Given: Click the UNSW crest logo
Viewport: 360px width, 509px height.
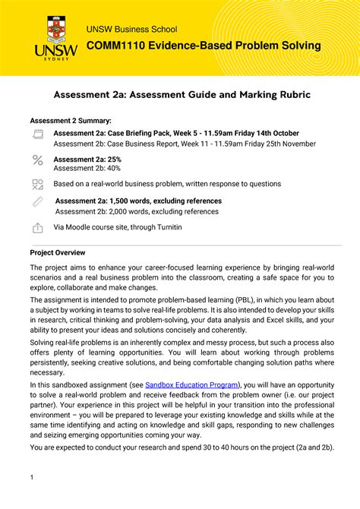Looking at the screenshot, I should (x=56, y=31).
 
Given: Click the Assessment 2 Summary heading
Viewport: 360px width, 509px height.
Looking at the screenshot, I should (x=70, y=121).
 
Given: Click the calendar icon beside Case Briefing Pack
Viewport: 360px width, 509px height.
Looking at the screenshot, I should (x=38, y=134).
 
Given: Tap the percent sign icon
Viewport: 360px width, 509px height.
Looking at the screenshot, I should (x=38, y=160).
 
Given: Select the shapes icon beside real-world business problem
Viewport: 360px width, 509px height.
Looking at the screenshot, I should (x=38, y=185).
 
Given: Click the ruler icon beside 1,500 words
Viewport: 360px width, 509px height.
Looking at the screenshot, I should (x=38, y=202).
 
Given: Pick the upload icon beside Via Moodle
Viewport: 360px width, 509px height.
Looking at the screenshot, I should (x=38, y=228).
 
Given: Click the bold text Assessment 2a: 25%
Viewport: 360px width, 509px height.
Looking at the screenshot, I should (x=87, y=160).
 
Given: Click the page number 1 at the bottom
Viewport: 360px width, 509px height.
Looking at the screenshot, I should (x=32, y=477).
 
